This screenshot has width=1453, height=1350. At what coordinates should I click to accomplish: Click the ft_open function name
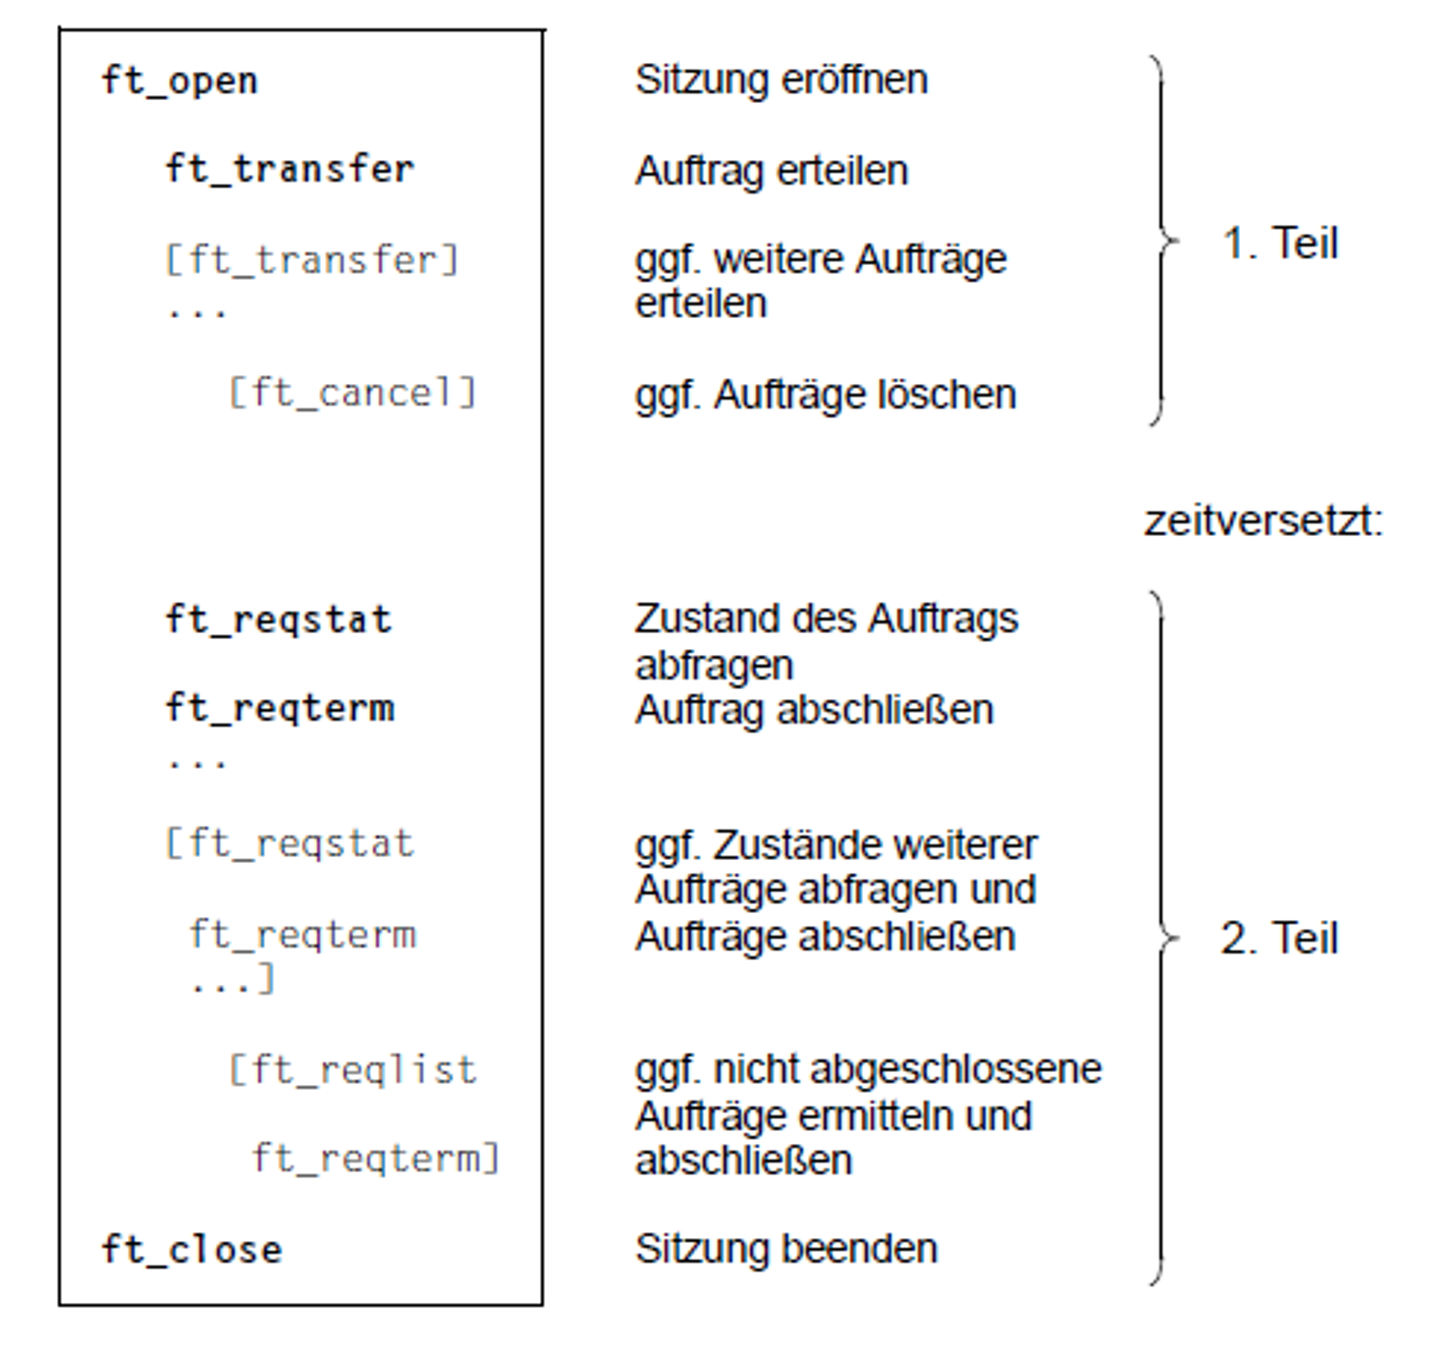(180, 81)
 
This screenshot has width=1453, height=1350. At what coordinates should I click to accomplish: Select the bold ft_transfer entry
(290, 169)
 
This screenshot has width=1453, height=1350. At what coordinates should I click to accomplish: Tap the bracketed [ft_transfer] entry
(311, 260)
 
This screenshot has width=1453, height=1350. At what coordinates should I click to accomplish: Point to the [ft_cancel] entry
(351, 393)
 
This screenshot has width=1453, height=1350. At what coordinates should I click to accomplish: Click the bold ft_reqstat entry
(279, 620)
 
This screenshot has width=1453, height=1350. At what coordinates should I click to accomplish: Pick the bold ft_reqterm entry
(281, 708)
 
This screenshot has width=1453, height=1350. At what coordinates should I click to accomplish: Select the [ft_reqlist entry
(352, 1069)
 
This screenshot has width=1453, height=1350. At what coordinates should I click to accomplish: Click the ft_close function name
(191, 1250)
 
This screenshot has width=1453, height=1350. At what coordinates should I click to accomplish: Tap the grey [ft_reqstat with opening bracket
(290, 843)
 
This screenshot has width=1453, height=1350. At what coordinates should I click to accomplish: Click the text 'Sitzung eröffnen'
(780, 80)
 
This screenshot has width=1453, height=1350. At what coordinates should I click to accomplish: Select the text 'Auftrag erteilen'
(771, 171)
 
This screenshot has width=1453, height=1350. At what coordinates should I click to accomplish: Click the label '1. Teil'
(1279, 243)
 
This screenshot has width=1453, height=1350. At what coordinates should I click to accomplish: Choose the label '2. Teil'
(1278, 938)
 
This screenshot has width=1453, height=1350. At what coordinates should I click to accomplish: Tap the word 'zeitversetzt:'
(1263, 519)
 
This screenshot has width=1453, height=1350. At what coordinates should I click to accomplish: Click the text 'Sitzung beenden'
(785, 1249)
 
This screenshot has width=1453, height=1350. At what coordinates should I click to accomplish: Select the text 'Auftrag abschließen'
(814, 709)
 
